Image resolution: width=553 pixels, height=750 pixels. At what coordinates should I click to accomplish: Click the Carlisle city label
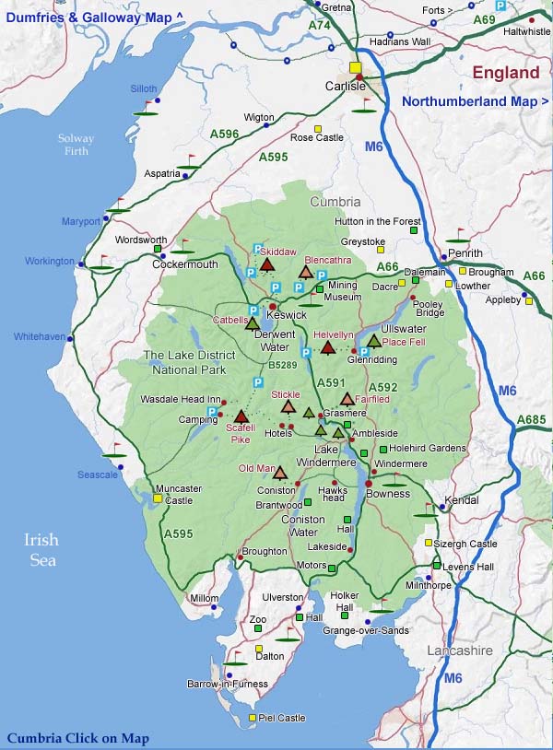pyautogui.click(x=346, y=86)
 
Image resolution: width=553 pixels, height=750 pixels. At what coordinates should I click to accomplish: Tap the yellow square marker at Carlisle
pyautogui.click(x=355, y=67)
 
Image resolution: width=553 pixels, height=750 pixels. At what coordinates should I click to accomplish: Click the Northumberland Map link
pyautogui.click(x=475, y=101)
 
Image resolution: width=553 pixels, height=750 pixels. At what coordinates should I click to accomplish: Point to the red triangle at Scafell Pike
pyautogui.click(x=241, y=416)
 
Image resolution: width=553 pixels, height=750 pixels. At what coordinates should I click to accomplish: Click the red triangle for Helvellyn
pyautogui.click(x=327, y=347)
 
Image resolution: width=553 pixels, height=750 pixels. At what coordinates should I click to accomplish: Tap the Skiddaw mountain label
pyautogui.click(x=278, y=252)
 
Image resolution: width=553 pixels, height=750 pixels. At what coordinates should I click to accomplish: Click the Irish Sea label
pyautogui.click(x=41, y=550)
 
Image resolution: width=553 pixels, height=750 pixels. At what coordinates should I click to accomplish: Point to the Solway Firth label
pyautogui.click(x=76, y=145)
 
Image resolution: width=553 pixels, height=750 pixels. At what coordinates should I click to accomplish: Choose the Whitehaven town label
pyautogui.click(x=39, y=337)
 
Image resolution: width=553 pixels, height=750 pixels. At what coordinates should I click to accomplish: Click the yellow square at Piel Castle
pyautogui.click(x=253, y=718)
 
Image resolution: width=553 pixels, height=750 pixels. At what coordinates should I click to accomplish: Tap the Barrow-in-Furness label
pyautogui.click(x=228, y=684)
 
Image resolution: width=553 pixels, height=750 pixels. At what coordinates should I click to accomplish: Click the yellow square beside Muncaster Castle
pyautogui.click(x=159, y=498)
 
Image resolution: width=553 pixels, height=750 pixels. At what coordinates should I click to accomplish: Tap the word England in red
pyautogui.click(x=506, y=73)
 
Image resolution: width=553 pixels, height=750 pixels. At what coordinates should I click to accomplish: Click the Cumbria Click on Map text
pyautogui.click(x=77, y=738)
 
